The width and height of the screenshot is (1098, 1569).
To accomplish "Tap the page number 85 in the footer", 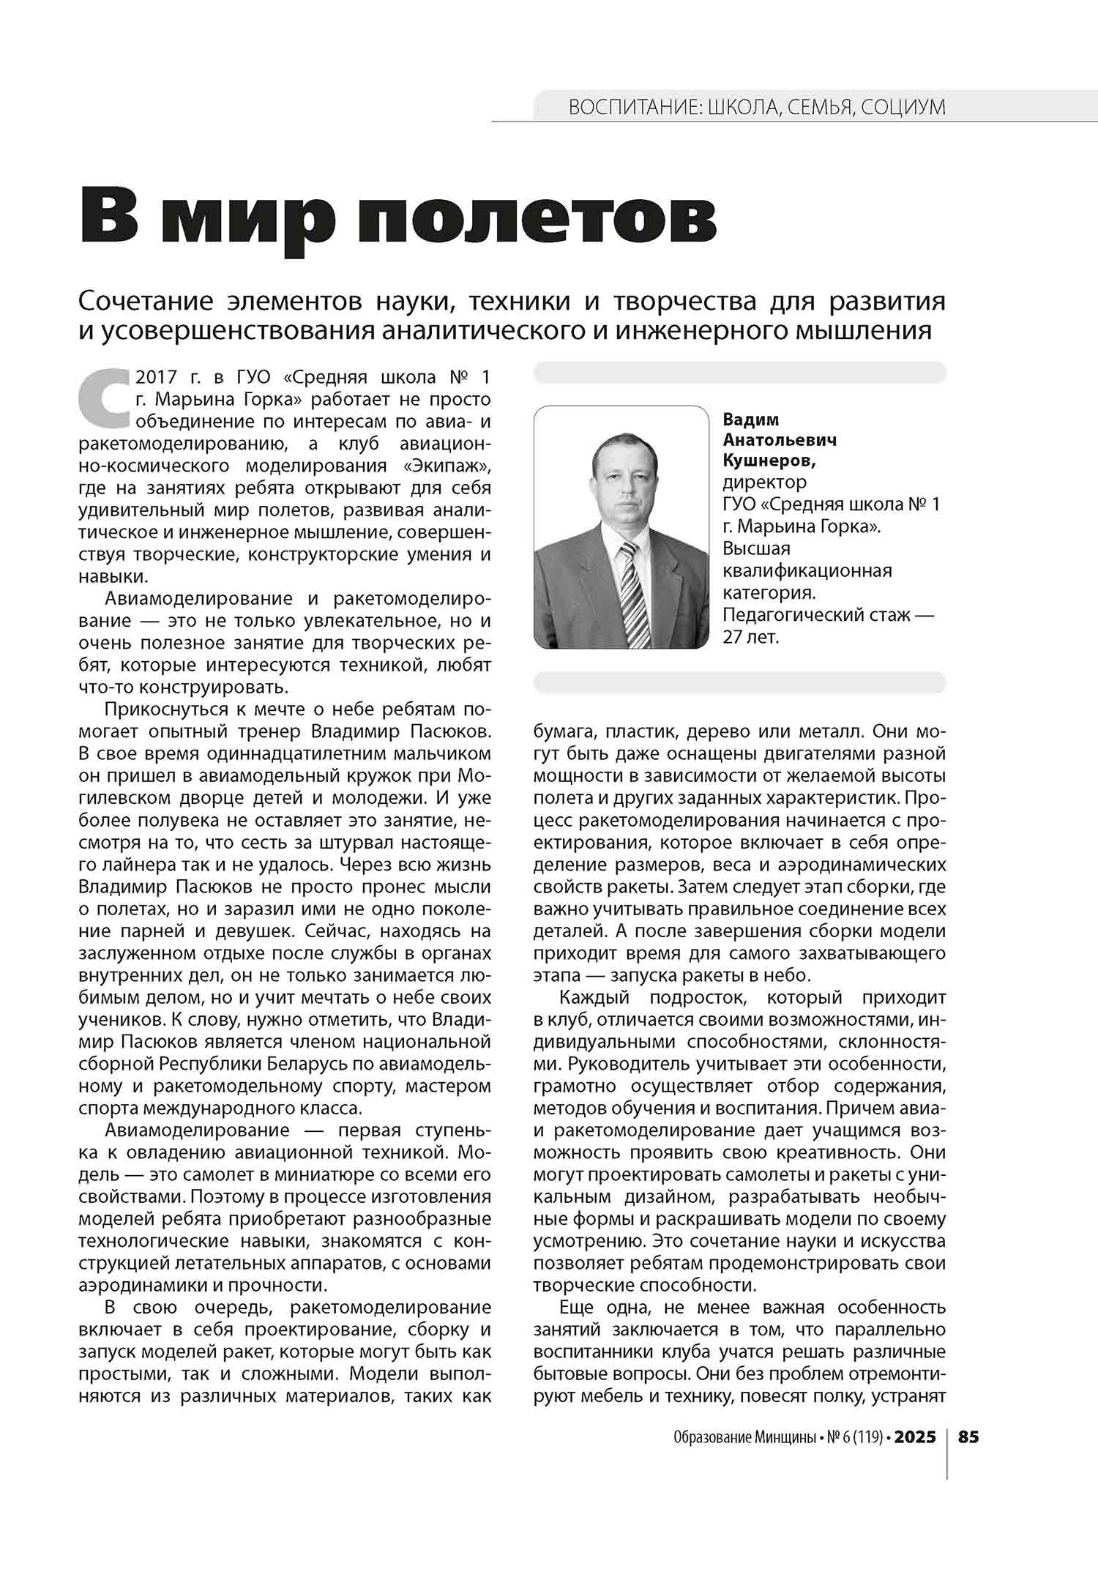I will click(968, 1436).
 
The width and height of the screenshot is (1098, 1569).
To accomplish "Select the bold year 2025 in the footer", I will click(915, 1436).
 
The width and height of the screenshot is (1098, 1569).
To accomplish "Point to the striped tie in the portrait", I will click(633, 593).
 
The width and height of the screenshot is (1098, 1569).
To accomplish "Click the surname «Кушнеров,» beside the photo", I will click(769, 461).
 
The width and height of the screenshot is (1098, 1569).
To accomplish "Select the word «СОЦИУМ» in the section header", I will click(903, 108).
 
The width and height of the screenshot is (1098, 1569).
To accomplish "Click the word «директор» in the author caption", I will click(765, 482).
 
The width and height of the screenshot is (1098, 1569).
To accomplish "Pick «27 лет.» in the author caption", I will click(751, 636).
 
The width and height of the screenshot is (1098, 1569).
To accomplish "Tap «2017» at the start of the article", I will click(157, 377).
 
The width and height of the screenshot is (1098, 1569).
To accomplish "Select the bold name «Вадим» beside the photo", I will click(751, 420).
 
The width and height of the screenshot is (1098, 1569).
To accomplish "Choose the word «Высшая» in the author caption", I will click(757, 548).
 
